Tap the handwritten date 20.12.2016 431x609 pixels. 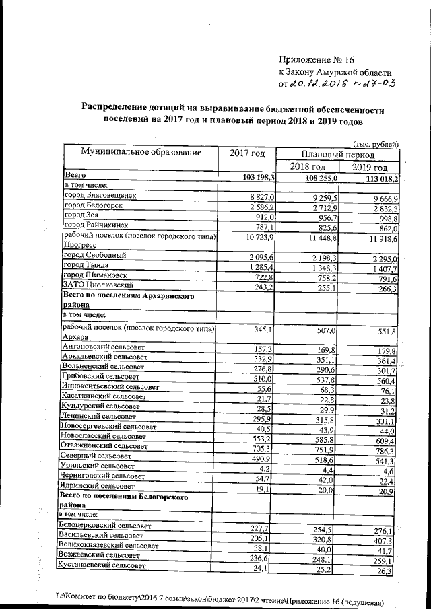click(x=317, y=84)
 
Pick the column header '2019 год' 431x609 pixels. click(x=370, y=167)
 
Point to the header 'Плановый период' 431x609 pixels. click(x=339, y=153)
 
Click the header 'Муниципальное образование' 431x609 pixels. click(x=141, y=153)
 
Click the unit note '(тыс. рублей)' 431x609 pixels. click(x=376, y=142)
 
